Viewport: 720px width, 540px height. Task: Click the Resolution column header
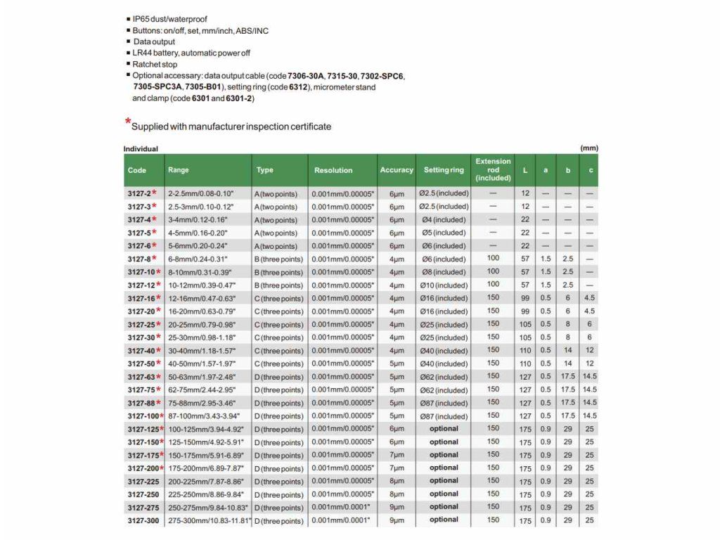(333, 170)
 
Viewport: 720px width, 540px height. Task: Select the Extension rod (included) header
(493, 169)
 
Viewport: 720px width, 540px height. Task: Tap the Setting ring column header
(444, 170)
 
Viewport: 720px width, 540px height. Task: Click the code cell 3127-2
(139, 193)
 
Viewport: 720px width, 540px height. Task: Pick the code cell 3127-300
(142, 520)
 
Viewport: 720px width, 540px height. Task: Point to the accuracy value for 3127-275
(397, 507)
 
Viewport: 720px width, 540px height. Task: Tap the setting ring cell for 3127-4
(444, 219)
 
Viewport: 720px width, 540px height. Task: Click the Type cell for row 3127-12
(279, 285)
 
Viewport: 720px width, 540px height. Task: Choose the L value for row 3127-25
(525, 324)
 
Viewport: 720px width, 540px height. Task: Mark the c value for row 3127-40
(589, 350)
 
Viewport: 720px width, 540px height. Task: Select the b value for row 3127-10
(567, 272)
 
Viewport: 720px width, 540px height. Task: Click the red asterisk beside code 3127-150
(162, 442)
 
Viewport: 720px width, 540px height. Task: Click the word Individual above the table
(141, 148)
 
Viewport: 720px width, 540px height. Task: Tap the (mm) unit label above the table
(589, 148)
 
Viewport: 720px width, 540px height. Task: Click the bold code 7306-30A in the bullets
(306, 75)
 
